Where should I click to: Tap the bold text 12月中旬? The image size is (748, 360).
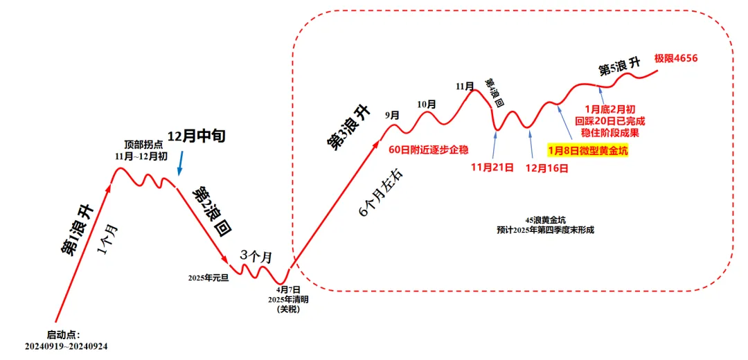click(197, 136)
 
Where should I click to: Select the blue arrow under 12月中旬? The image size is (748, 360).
click(180, 163)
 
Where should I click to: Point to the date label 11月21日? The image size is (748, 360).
click(492, 168)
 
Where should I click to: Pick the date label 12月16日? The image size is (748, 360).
click(547, 168)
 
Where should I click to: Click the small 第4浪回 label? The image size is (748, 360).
click(494, 93)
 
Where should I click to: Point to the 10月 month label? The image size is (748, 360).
click(427, 104)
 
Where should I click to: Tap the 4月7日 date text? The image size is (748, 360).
click(288, 289)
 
